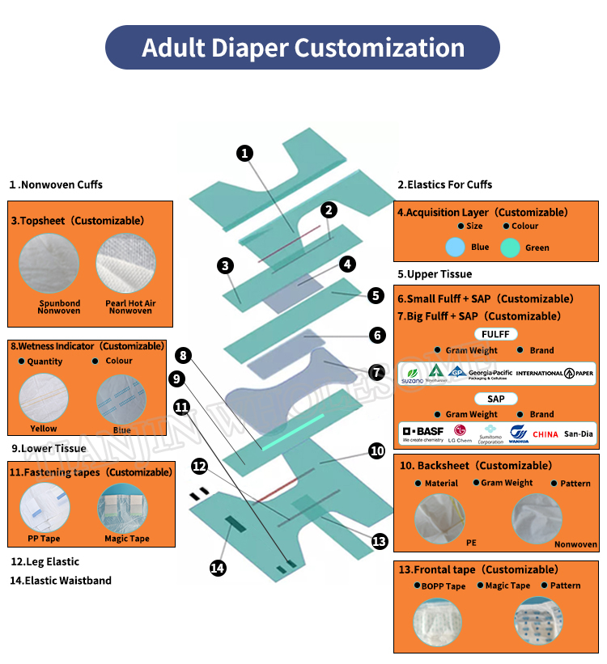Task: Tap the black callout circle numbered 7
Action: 376,372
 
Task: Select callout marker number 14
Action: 218,568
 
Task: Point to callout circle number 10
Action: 376,450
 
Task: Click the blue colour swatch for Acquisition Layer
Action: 456,247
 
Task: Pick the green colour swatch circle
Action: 510,247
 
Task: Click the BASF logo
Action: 422,434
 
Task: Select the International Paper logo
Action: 555,373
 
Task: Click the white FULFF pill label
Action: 495,334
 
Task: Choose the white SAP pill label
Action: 495,399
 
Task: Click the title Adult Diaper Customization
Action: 303,47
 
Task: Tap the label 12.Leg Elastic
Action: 45,561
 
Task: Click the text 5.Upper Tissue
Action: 435,274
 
